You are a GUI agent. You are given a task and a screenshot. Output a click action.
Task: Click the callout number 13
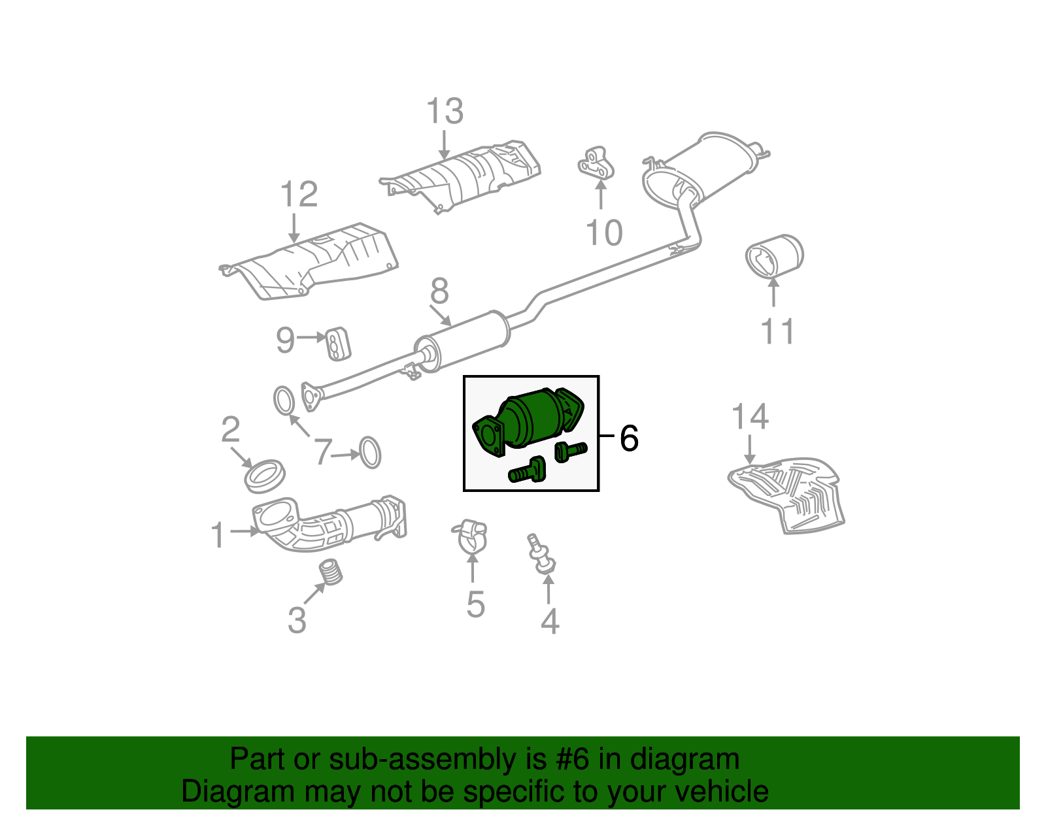(445, 112)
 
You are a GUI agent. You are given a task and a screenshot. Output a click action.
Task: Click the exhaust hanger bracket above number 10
(596, 163)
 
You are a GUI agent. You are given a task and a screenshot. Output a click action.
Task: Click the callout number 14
(750, 417)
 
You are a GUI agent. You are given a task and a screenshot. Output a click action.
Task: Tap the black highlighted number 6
(629, 438)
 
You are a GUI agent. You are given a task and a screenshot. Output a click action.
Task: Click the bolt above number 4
(541, 554)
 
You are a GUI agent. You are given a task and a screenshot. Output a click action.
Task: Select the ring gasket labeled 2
(265, 476)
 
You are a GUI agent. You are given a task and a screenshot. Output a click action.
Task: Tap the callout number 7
(322, 452)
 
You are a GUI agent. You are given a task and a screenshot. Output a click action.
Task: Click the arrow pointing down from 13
(445, 145)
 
